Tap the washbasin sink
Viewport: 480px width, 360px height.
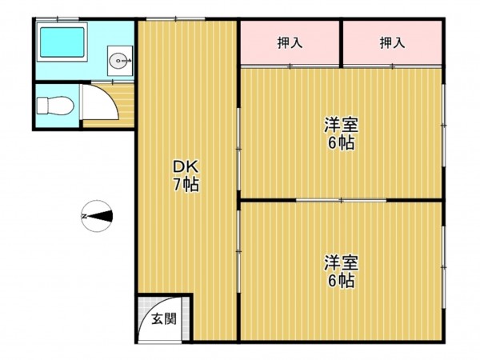(x=118, y=58)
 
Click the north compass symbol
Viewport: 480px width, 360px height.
(x=102, y=215)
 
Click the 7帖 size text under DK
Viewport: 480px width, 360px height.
(x=186, y=185)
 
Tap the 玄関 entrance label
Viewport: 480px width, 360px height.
(x=164, y=318)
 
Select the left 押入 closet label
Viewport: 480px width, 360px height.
(x=290, y=43)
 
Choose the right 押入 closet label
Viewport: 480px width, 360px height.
(x=392, y=43)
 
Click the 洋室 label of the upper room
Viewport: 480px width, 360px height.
(x=340, y=126)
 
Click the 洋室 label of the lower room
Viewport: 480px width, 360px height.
(x=340, y=262)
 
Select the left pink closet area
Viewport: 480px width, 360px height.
(x=290, y=52)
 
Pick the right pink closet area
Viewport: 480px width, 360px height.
(x=392, y=52)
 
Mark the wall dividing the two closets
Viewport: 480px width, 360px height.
(x=342, y=44)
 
